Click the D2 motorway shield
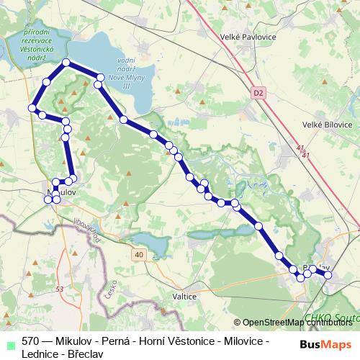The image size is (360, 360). (x=259, y=92)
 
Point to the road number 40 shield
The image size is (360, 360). (x=138, y=254)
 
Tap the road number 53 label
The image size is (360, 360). (x=59, y=289)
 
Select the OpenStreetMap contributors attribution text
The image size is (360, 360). (x=297, y=323)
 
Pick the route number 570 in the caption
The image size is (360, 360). (x=31, y=341)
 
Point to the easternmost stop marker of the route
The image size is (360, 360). (x=328, y=274)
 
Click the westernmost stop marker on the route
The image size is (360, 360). (x=32, y=108)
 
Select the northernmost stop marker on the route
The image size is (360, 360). (x=67, y=63)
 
